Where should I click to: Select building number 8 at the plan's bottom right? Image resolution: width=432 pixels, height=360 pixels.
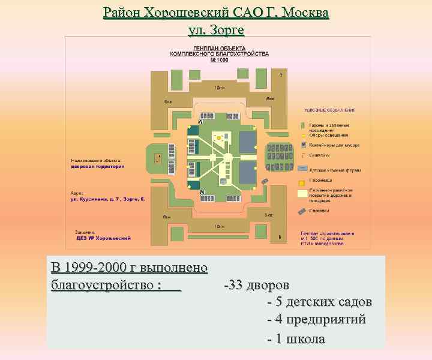[x=280, y=237]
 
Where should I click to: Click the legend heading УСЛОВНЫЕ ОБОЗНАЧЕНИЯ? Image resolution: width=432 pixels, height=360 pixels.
[x=329, y=110]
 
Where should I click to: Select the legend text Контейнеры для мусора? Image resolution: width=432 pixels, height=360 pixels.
[x=333, y=144]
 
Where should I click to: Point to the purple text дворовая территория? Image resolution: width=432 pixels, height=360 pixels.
[x=98, y=166]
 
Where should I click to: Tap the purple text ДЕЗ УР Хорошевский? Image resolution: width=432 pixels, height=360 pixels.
[x=103, y=238]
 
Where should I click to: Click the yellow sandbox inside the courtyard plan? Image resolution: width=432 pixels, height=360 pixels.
[x=219, y=139]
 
